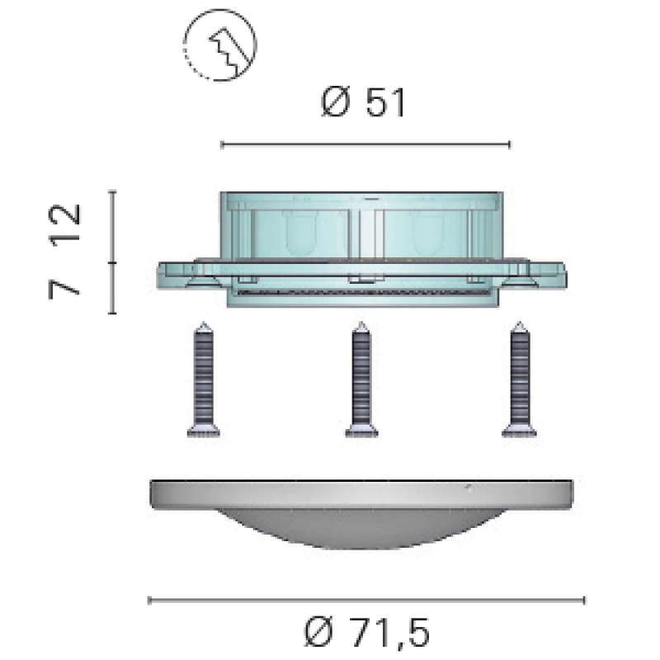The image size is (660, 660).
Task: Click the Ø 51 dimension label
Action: [x=364, y=102]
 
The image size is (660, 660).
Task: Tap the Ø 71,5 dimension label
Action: [x=367, y=632]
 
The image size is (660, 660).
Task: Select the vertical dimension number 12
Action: [x=64, y=223]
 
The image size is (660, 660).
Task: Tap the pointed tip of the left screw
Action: [x=204, y=323]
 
